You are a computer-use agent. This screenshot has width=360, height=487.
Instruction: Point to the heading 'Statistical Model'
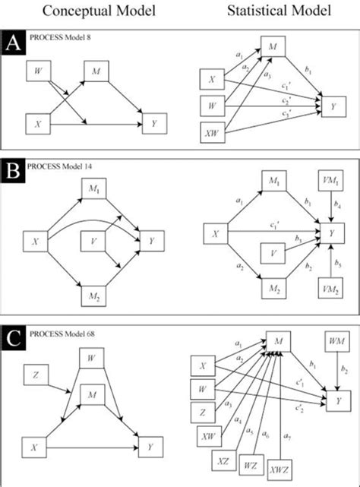point(263,12)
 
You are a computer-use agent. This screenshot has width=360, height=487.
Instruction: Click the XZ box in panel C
point(221,460)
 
